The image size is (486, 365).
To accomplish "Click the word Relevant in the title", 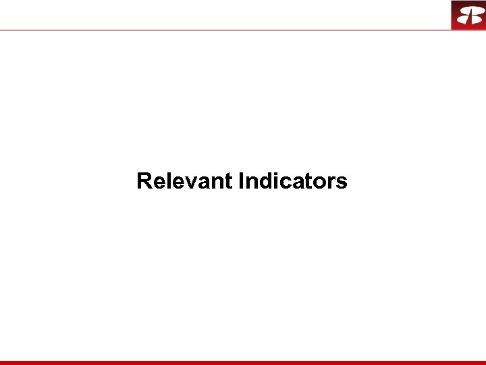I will pos(184,181).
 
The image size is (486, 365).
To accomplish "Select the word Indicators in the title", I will pos(294,181).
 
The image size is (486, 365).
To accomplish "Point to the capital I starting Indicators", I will pos(242,181).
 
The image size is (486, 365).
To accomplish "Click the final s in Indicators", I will pos(342,182).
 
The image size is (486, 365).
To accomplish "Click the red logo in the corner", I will pos(468,15).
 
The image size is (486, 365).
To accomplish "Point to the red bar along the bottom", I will pos(243,362).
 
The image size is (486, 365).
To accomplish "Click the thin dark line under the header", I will pos(223,30).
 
